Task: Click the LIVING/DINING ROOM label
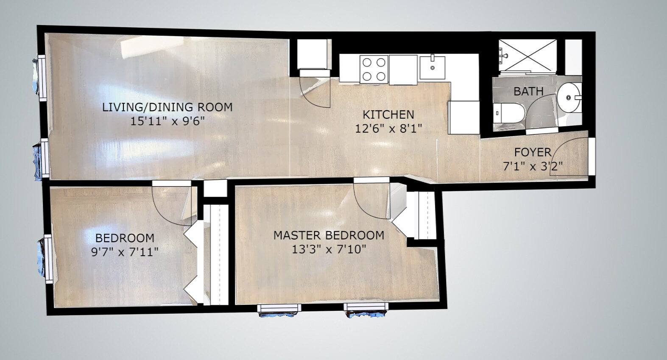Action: [x=167, y=107]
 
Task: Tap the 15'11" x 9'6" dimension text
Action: [x=167, y=122]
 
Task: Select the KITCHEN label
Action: [x=388, y=114]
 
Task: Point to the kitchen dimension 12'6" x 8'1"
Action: [x=388, y=128]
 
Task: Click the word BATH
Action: [x=528, y=92]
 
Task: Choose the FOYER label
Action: [x=533, y=153]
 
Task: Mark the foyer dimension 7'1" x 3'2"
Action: [x=533, y=166]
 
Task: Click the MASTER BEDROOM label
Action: [x=329, y=235]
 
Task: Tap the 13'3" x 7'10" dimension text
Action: [x=329, y=249]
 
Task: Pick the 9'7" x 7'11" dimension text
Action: [x=125, y=252]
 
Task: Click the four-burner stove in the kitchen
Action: [x=374, y=69]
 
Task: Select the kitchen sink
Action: [x=433, y=67]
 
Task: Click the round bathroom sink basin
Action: [x=569, y=98]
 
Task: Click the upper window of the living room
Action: [x=41, y=77]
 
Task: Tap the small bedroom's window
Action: [x=47, y=259]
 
